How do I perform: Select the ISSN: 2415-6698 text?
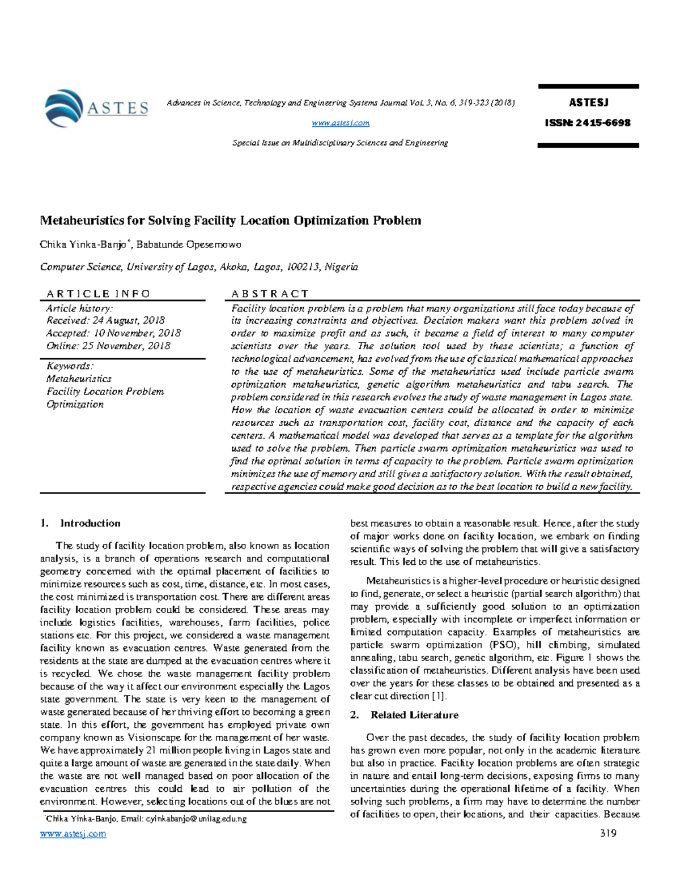[x=588, y=123]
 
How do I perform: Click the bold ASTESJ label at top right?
[x=588, y=102]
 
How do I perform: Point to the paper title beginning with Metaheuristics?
[x=230, y=220]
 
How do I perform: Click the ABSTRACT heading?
[x=270, y=294]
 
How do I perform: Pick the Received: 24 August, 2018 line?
[x=105, y=320]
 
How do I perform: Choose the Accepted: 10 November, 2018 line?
[x=113, y=333]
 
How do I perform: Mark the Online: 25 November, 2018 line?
[x=108, y=346]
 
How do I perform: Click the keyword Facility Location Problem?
[x=105, y=392]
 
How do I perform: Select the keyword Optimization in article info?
[x=75, y=404]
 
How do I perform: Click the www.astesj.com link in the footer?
[x=73, y=834]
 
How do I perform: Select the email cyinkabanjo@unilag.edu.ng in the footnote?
[x=196, y=819]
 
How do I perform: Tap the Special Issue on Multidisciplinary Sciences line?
[x=341, y=143]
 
